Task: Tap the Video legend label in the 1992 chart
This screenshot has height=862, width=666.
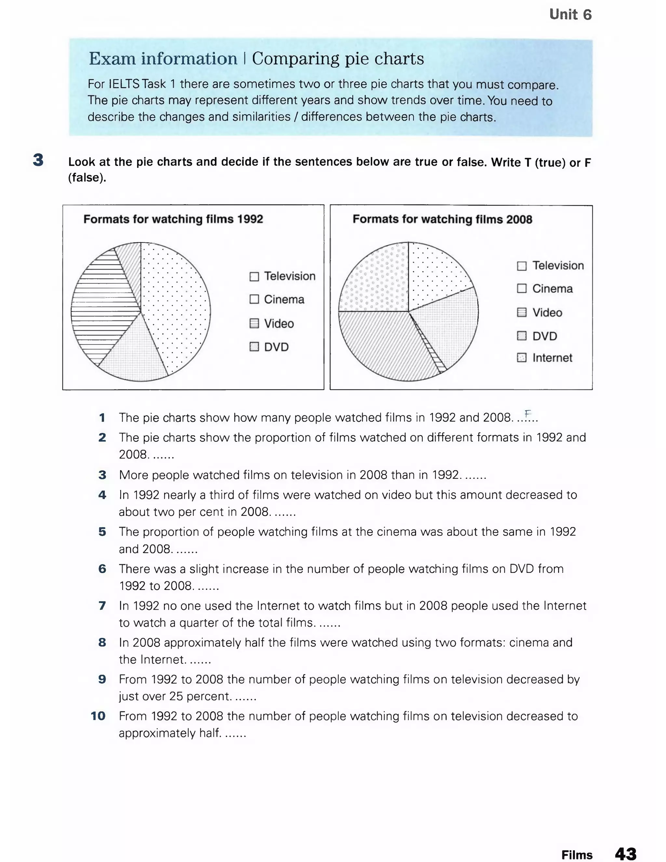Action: point(279,323)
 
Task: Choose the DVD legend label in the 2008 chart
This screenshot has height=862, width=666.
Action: point(544,336)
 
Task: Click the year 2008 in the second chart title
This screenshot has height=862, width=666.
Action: point(519,220)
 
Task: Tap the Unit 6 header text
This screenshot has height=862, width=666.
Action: point(570,15)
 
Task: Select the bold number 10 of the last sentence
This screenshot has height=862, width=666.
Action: point(98,716)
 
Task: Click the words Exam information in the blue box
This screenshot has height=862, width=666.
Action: point(163,59)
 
